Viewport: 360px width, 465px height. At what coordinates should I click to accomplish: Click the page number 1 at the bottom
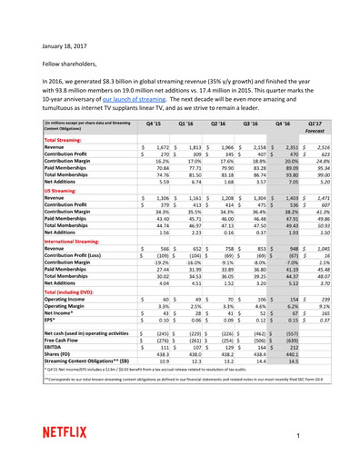(322, 437)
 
